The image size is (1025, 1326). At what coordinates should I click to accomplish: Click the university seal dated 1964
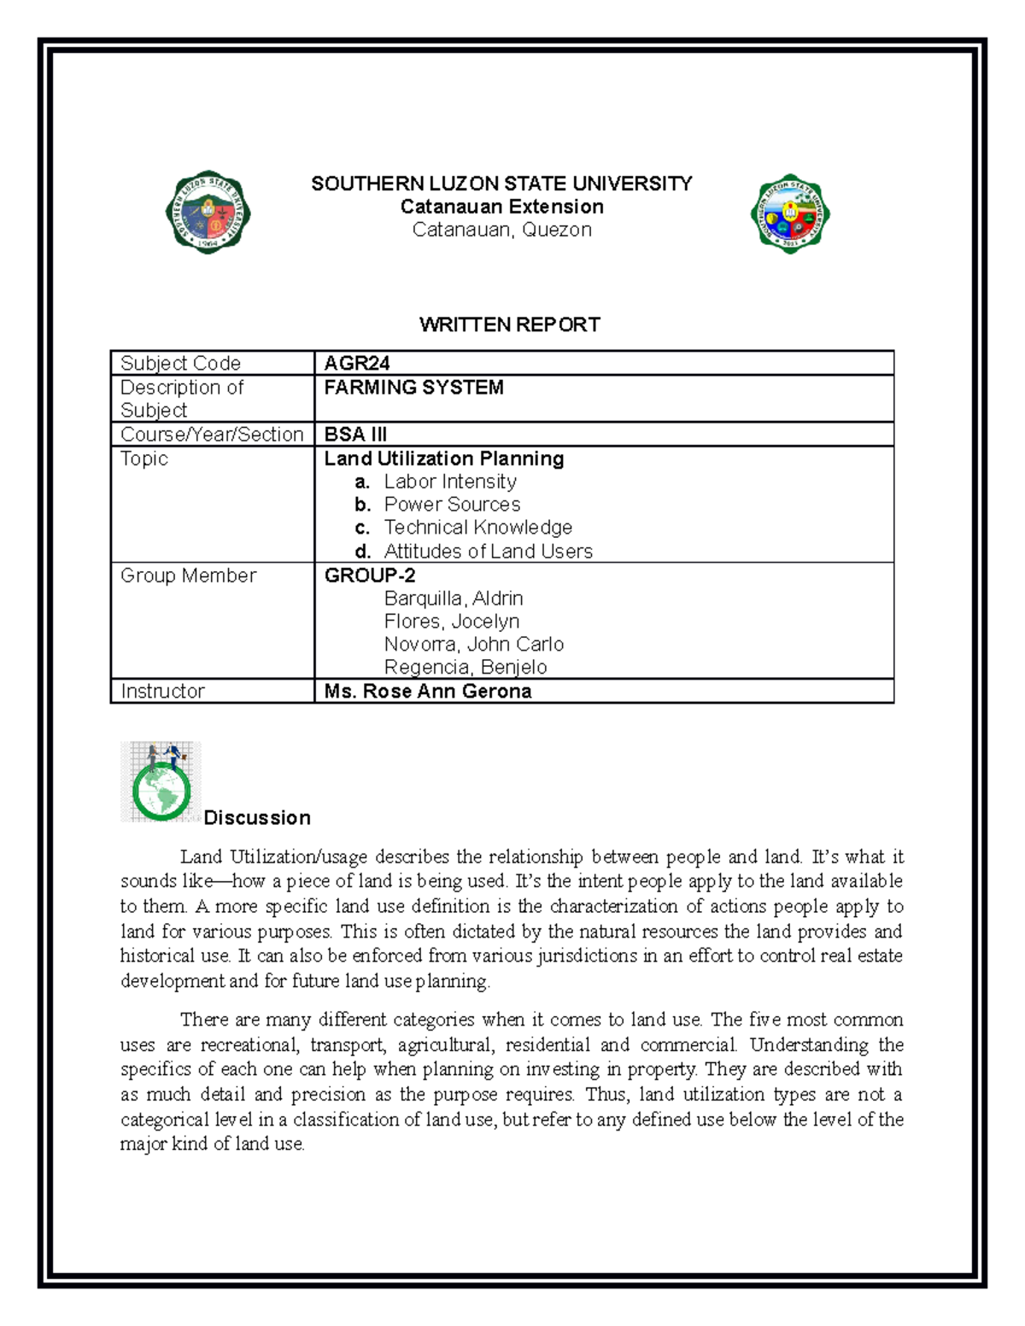tap(208, 212)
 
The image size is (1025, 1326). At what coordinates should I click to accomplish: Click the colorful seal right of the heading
tap(790, 213)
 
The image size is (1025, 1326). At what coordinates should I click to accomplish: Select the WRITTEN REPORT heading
tap(509, 324)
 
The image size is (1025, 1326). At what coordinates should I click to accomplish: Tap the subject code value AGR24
tap(357, 363)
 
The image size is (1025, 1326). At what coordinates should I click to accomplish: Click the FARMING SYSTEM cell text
tap(413, 388)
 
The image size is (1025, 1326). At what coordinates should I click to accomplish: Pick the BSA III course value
tap(355, 434)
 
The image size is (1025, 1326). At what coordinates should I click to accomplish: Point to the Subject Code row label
tap(180, 363)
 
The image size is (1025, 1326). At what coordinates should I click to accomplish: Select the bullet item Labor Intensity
tap(449, 482)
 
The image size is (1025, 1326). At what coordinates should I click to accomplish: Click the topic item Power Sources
tap(451, 505)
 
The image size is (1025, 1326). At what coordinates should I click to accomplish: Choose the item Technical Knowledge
tap(477, 528)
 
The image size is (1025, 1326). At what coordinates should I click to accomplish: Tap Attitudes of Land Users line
tap(488, 552)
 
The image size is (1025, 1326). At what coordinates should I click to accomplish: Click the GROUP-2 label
tap(370, 575)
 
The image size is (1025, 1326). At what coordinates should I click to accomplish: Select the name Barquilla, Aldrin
tap(453, 599)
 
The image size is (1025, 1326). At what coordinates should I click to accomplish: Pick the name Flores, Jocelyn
tap(451, 622)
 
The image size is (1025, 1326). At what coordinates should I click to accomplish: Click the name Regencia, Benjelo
tap(465, 668)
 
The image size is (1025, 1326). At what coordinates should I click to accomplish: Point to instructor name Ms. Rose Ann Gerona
tap(427, 692)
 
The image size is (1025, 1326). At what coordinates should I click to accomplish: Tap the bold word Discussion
tap(257, 818)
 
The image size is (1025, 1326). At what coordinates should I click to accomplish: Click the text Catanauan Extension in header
tap(501, 207)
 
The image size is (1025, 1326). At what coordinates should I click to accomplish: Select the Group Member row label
tap(188, 575)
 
